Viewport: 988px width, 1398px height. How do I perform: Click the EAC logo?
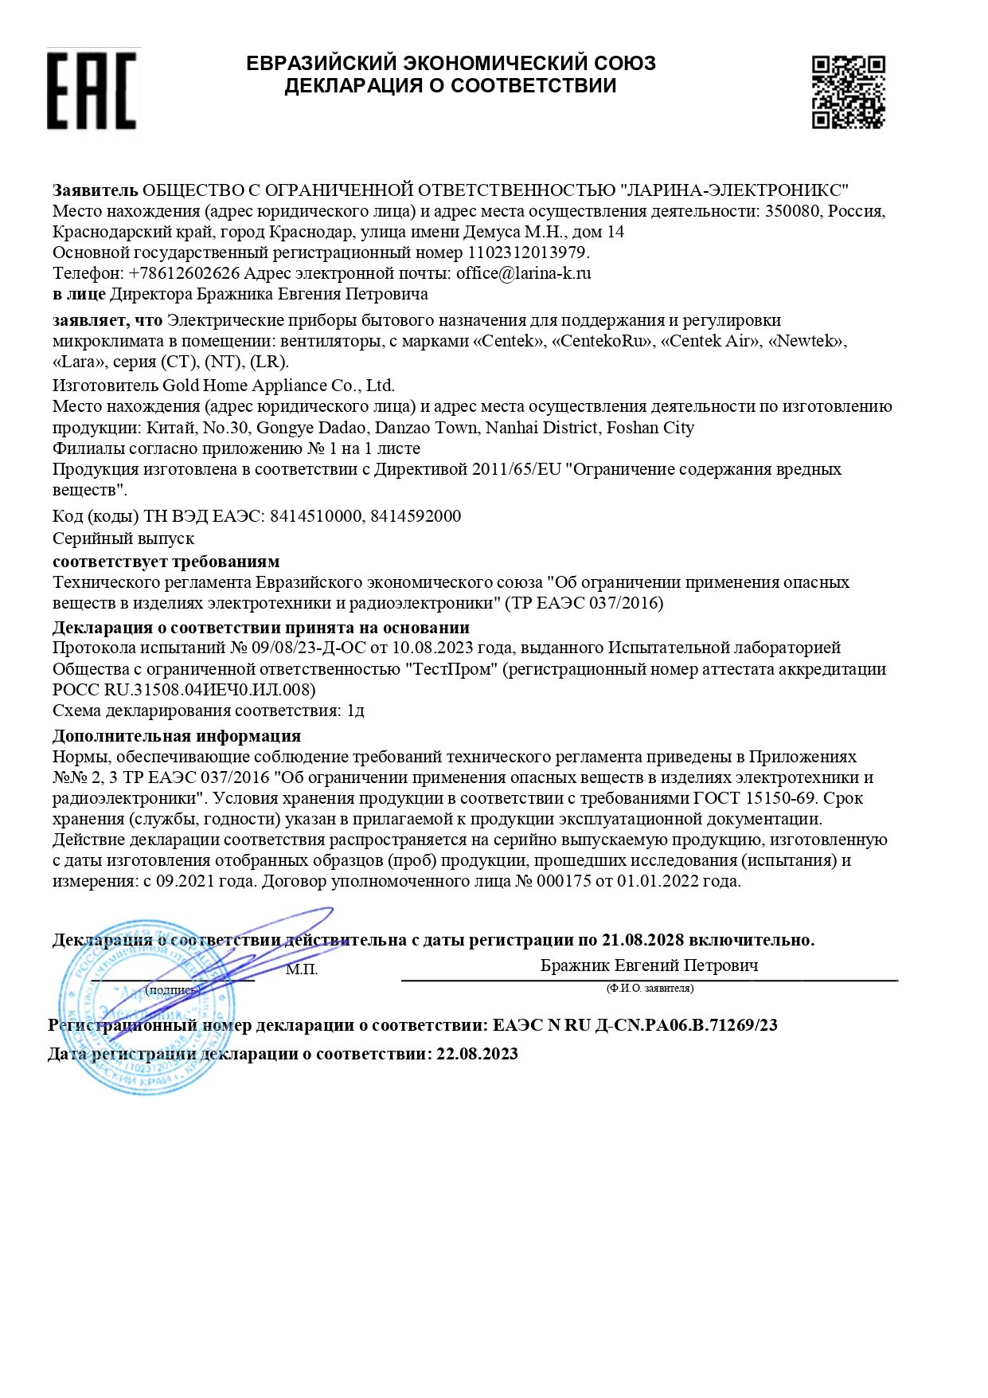pos(92,89)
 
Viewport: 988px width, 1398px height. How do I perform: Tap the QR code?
pos(848,92)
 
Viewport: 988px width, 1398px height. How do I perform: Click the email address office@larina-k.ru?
pos(523,273)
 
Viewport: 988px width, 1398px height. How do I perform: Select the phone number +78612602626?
pos(184,273)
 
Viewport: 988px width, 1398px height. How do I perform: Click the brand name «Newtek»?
pos(806,341)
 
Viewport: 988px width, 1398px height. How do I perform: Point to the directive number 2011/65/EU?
pos(517,469)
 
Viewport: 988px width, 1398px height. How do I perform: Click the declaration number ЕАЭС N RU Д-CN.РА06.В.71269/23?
pos(635,1025)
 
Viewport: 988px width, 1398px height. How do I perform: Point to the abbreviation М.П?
pos(302,969)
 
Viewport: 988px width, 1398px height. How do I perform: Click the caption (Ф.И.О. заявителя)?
pos(650,989)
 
